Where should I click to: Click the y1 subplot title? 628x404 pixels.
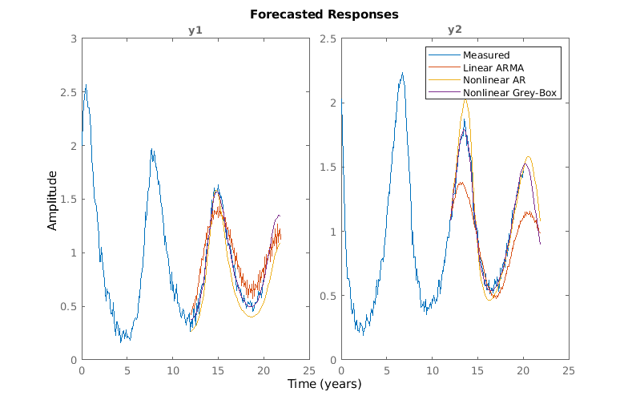[x=195, y=30]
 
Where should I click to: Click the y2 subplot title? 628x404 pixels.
[x=454, y=30]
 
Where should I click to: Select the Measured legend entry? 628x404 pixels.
[x=486, y=55]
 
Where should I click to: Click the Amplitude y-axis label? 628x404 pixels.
[x=53, y=200]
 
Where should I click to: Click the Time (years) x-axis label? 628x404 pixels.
[x=324, y=384]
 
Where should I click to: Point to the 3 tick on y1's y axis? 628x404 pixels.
[x=74, y=38]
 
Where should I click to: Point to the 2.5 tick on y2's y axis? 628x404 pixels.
[x=328, y=38]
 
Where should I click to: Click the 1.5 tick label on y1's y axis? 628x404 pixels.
[x=70, y=199]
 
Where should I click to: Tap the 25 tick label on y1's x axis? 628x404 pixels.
[x=308, y=371]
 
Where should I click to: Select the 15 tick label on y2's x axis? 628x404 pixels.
[x=477, y=371]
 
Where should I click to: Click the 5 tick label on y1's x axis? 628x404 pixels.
[x=127, y=371]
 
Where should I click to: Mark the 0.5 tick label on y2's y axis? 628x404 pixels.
[x=328, y=296]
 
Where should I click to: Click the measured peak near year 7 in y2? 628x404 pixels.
[x=402, y=73]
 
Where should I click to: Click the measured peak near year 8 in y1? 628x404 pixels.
[x=151, y=148]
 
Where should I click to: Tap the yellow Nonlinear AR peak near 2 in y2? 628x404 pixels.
[x=465, y=99]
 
